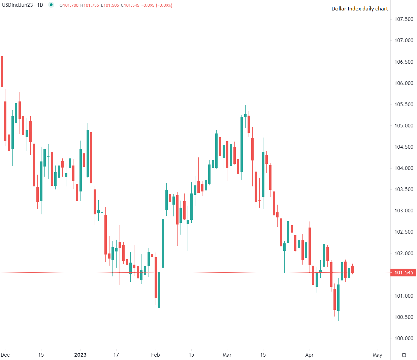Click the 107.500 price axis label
tap(404, 19)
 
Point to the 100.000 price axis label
tap(404, 338)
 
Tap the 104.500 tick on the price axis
tap(404, 147)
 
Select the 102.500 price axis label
tap(404, 232)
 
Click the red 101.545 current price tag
tap(404, 273)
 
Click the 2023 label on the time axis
tap(80, 355)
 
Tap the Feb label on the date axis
tap(156, 355)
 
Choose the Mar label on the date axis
tap(227, 355)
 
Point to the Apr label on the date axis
tap(309, 355)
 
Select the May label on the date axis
tap(378, 355)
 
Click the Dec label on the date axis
tap(5, 355)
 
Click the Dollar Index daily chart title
tap(359, 9)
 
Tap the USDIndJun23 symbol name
tap(17, 5)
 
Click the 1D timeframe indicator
tap(40, 5)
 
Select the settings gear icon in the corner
tap(404, 355)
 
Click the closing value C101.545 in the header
tap(130, 5)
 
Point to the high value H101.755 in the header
tap(90, 5)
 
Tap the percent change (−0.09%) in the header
tap(164, 5)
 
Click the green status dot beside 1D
tap(51, 5)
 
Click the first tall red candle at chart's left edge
tap(2, 71)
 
